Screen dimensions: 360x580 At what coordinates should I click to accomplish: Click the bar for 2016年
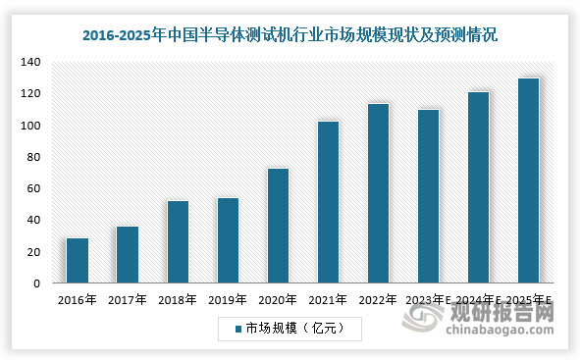[x=78, y=261]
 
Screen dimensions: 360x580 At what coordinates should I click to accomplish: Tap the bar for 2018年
[x=178, y=242]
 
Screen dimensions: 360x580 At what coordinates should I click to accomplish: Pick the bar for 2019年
[x=228, y=240]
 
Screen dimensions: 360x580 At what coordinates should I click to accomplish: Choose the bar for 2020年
[x=278, y=226]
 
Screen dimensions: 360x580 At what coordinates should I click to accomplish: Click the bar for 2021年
[x=328, y=202]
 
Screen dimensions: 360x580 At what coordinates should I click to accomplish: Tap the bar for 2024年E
[x=478, y=187]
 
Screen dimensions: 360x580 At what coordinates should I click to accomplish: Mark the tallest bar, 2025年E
[x=528, y=180]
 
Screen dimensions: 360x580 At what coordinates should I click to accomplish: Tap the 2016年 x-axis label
[x=78, y=301]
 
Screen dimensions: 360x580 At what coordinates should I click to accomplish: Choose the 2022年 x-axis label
[x=378, y=301]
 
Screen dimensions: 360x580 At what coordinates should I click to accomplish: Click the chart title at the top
[x=290, y=35]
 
